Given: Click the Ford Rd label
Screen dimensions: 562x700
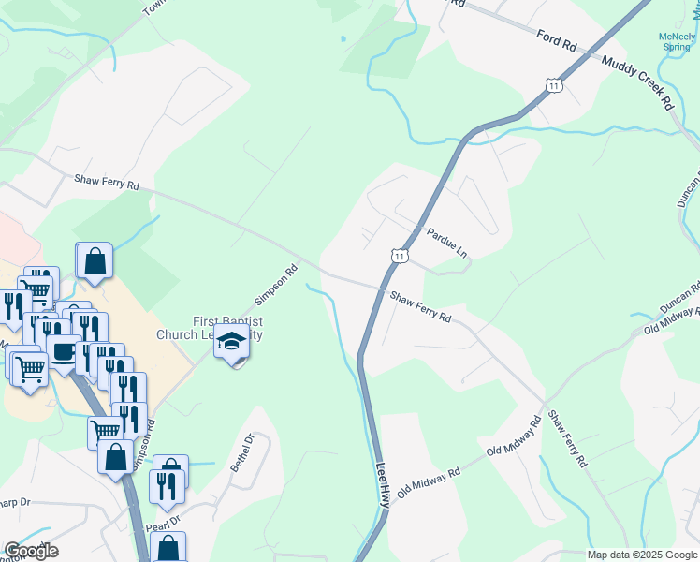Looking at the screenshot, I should [561, 43].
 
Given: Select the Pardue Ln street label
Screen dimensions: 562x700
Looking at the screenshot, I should [446, 242].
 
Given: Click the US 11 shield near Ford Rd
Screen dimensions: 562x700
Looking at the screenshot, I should [556, 85].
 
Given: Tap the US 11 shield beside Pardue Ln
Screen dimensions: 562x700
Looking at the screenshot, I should [400, 255].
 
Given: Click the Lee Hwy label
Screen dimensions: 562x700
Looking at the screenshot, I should [383, 484].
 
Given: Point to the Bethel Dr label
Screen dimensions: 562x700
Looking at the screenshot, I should [249, 453].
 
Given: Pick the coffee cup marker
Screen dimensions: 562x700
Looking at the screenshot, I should [63, 351].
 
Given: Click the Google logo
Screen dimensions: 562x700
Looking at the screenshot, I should [31, 551].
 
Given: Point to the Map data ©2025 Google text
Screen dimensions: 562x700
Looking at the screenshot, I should [643, 555].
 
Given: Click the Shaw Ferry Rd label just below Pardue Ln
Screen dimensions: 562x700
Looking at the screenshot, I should [421, 306].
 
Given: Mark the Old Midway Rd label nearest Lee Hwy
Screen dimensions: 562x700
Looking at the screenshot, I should [430, 484].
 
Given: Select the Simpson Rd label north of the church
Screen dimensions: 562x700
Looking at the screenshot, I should [277, 285].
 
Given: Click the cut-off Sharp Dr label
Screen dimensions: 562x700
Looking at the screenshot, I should [16, 502].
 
